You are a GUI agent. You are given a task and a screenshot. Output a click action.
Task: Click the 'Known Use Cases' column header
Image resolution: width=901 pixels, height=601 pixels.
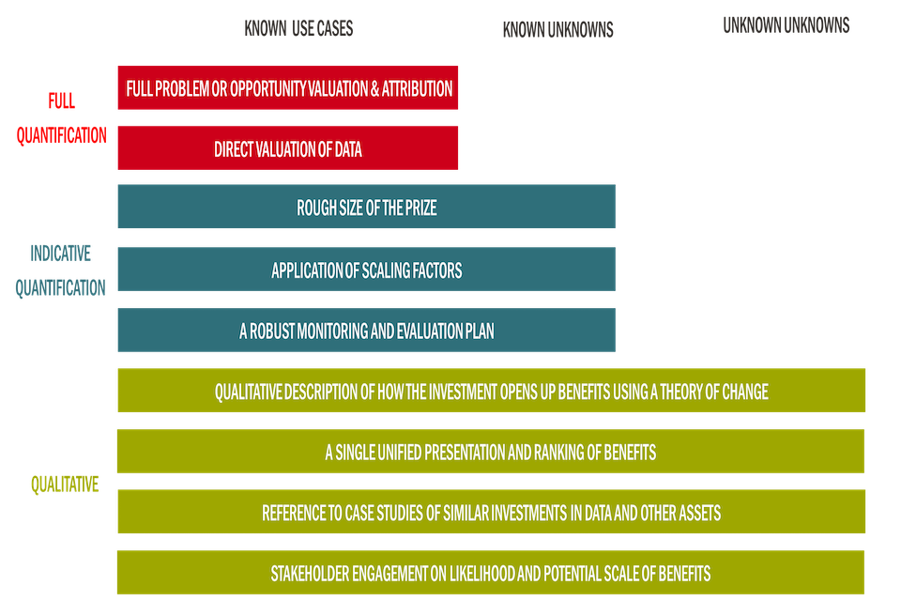pos(298,29)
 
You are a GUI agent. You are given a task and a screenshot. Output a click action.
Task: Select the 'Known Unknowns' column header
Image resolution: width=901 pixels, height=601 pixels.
pos(557,30)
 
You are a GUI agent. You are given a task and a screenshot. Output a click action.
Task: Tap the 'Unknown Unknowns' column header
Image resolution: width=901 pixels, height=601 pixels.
pos(786,25)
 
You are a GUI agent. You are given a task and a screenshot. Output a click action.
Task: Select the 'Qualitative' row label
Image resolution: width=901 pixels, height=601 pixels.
pos(64,485)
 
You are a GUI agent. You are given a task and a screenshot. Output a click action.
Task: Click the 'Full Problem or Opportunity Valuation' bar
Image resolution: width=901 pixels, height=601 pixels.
pos(288,89)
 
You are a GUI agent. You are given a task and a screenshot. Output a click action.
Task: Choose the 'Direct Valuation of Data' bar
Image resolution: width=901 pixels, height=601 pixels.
pos(288,148)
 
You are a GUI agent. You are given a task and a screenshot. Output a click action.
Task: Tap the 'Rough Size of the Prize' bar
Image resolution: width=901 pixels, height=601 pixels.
pos(366,208)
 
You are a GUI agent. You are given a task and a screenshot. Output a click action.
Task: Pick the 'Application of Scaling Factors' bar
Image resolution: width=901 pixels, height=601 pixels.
pos(366,270)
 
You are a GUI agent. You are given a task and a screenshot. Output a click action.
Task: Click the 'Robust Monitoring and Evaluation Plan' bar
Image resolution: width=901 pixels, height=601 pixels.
pos(366,331)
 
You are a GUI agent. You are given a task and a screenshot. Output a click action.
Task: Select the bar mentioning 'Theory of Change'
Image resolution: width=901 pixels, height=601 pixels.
pos(491,391)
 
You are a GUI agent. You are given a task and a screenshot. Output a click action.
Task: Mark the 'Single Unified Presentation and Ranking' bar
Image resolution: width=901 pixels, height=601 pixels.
pos(490,452)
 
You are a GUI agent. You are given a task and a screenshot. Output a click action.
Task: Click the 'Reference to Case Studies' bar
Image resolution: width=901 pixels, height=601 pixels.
pos(491,513)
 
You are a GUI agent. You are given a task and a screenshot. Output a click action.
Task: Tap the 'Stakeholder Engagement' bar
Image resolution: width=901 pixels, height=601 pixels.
pos(490,573)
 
